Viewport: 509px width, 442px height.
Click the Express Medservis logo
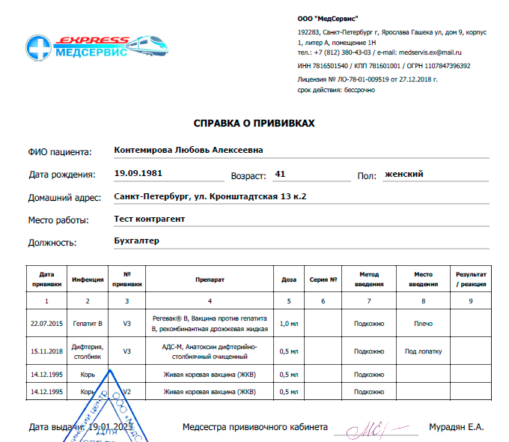coord(94,49)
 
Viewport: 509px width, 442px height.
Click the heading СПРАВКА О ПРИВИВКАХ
coord(254,123)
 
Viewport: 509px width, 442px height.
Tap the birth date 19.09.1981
coord(138,173)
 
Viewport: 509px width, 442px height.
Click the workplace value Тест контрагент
coord(149,219)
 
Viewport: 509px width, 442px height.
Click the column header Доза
coord(289,280)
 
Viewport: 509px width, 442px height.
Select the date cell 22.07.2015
coord(46,323)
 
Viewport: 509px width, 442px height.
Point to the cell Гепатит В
coord(88,323)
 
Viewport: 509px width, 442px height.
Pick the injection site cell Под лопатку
coord(423,351)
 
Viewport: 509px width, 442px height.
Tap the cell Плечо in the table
coord(423,323)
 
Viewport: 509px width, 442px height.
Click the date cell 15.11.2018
coord(46,351)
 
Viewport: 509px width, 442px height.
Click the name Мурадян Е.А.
coord(456,427)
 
